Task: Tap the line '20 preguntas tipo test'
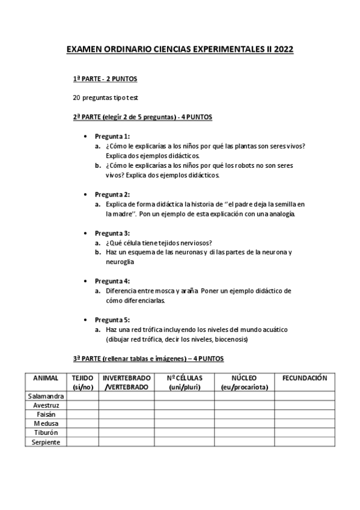105,97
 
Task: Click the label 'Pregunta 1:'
112,136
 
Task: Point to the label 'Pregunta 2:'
112,194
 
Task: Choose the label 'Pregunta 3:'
112,233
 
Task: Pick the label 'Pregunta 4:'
112,281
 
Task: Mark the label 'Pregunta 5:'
112,320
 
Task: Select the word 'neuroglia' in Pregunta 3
120,262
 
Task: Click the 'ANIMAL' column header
46,378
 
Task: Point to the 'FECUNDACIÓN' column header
304,378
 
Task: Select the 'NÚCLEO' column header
244,378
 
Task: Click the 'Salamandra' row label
46,396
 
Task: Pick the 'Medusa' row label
46,423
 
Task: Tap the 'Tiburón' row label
46,432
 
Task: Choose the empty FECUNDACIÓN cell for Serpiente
304,442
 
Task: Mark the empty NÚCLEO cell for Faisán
244,414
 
